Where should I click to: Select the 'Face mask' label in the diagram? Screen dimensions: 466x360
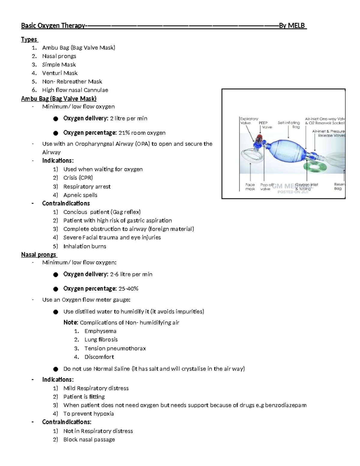[x=250, y=187]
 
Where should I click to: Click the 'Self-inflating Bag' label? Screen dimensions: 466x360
[x=289, y=125]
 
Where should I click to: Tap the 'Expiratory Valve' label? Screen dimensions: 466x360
[x=249, y=121]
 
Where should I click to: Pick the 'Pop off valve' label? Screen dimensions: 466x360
[x=266, y=187]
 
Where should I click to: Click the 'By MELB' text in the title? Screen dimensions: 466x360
[x=292, y=26]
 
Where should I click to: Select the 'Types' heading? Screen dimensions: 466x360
[x=29, y=39]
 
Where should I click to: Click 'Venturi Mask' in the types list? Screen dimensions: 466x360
[x=60, y=73]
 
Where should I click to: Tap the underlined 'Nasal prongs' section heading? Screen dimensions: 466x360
[x=38, y=254]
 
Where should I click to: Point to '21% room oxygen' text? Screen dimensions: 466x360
[x=142, y=133]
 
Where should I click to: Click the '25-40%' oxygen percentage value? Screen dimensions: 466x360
[x=128, y=289]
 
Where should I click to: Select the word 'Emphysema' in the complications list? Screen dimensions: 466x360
[x=100, y=331]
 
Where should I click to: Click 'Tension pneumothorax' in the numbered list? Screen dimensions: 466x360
[x=115, y=348]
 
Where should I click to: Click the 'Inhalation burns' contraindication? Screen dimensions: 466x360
[x=85, y=246]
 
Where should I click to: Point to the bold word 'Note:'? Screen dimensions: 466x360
[x=71, y=323]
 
